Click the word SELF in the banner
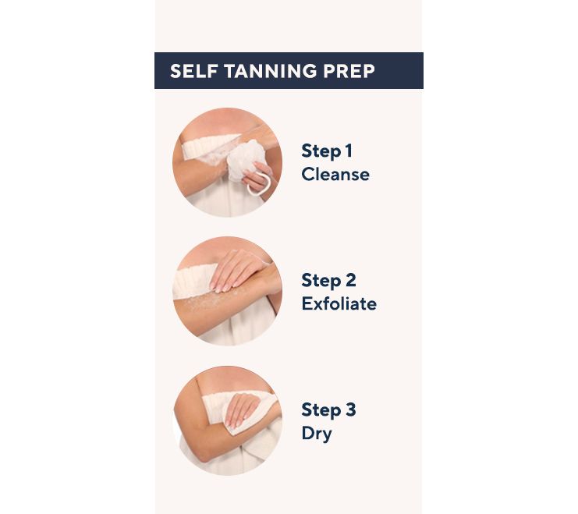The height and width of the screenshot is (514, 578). pos(193,71)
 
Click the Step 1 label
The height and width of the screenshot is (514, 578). pos(327,151)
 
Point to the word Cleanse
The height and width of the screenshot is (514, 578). pos(335,175)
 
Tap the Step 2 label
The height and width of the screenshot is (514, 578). pos(328,281)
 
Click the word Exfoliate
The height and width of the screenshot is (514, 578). pos(339,304)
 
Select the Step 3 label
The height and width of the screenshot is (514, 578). pos(328,410)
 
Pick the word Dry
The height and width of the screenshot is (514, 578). pos(317,434)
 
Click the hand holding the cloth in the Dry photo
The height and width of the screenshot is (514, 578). pos(242,409)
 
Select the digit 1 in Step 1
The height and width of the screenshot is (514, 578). pos(348,151)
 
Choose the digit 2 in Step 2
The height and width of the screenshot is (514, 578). pos(350,280)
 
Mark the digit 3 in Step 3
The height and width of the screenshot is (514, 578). pos(350,409)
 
